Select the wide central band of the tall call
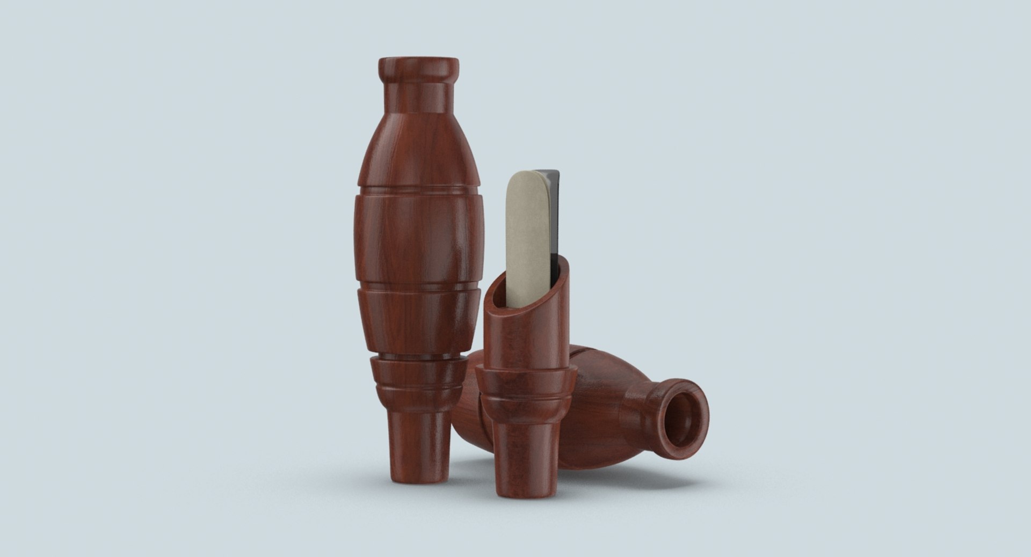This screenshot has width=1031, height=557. (418, 236)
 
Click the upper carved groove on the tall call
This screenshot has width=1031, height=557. (418, 189)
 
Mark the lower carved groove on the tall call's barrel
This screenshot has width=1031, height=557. (418, 287)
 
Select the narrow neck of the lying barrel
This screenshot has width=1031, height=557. (639, 413)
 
